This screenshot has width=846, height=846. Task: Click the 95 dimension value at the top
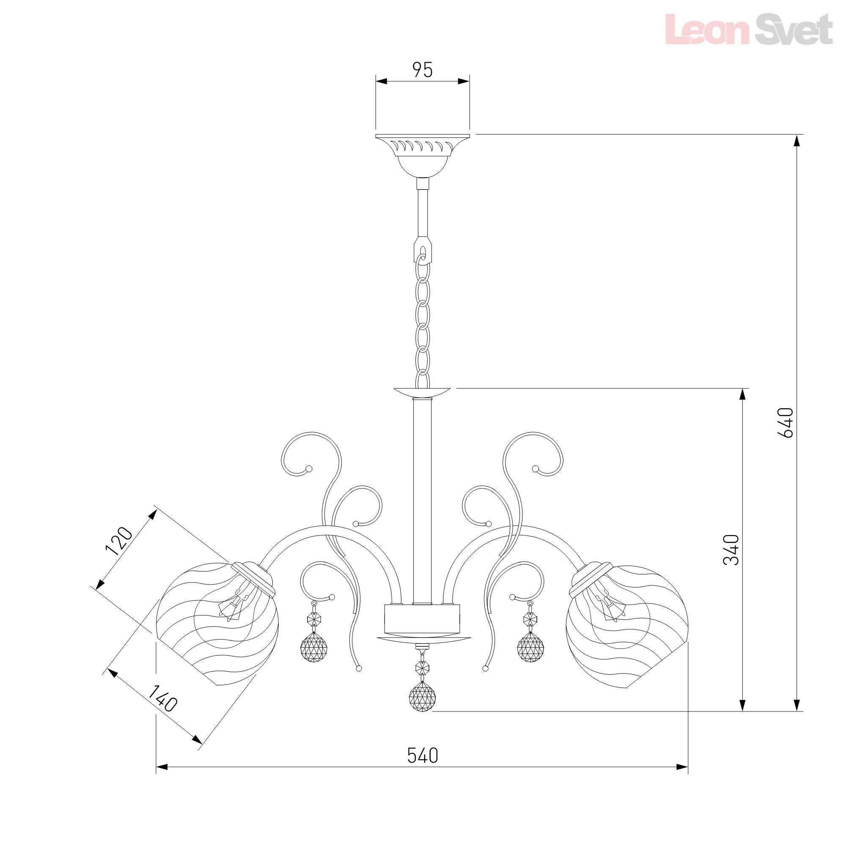[x=423, y=70]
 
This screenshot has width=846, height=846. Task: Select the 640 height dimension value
[x=785, y=423]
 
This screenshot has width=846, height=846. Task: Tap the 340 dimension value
[x=731, y=550]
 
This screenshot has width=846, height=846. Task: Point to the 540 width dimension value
[x=423, y=755]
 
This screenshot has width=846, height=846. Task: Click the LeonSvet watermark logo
[x=748, y=29]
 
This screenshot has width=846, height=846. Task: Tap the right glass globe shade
[x=626, y=626]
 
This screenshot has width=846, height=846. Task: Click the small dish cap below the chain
[x=422, y=391]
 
